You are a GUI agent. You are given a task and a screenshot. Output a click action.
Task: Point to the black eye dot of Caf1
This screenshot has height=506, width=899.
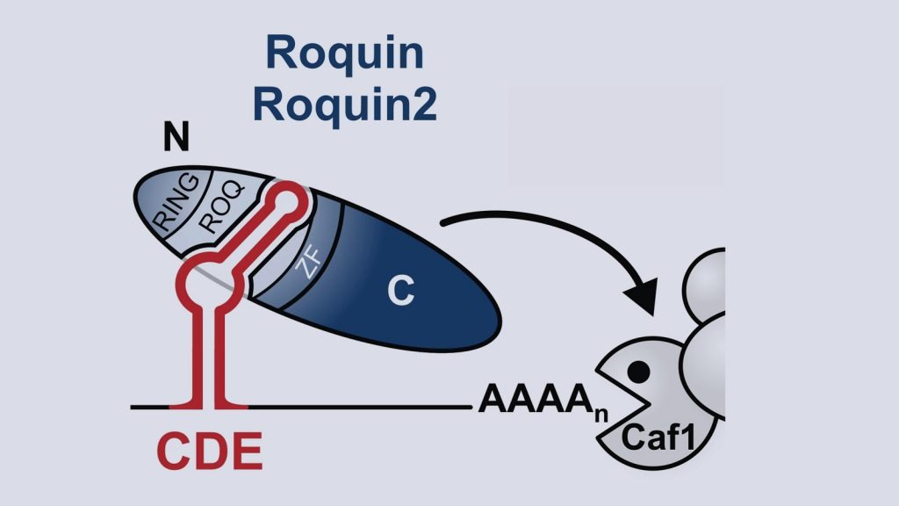[x=640, y=372]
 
